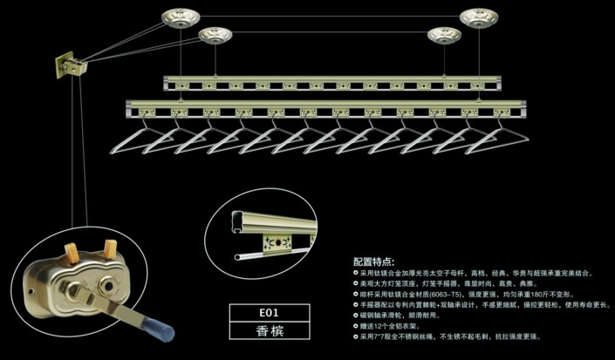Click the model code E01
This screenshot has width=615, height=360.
269,311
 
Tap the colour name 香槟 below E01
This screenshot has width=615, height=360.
269,330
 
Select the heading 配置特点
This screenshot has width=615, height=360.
373,262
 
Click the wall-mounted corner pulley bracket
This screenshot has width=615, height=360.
70,64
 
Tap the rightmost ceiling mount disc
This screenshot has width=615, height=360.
485,17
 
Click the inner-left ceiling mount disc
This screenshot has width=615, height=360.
215,36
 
